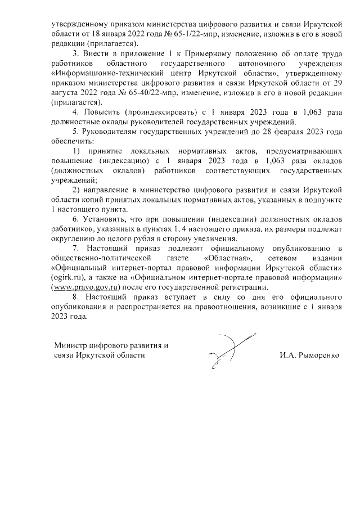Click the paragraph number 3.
tap(76, 54)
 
